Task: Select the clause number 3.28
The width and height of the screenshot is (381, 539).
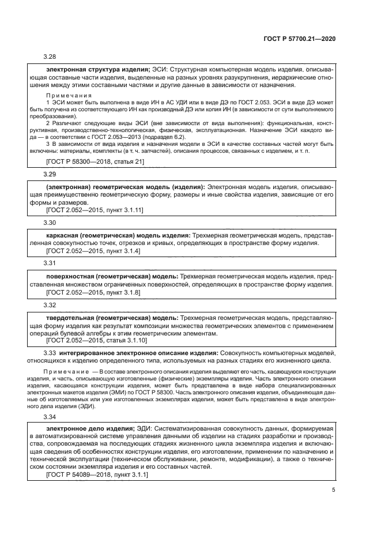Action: [50, 56]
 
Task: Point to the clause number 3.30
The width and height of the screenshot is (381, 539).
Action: [50, 222]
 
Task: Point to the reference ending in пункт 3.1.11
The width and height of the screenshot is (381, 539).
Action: [95, 211]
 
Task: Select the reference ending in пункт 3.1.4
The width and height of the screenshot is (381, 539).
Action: [93, 251]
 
